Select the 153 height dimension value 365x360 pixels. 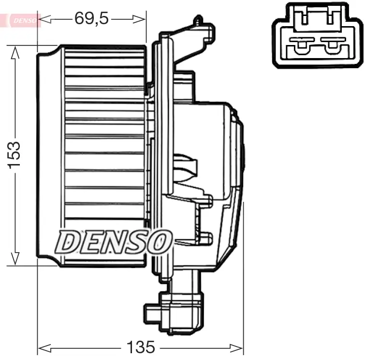14,155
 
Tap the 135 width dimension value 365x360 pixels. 140,346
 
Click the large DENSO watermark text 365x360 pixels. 114,241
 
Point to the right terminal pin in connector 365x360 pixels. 332,47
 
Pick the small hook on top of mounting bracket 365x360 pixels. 198,20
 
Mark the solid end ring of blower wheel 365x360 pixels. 48,155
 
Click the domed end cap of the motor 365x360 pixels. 240,155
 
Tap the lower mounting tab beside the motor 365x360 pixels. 205,238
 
